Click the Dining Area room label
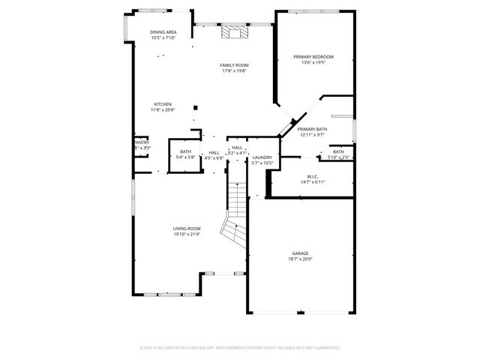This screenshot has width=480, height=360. coord(163,32)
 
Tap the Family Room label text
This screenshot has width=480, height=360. coord(234,65)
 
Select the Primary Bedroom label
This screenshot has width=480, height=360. coord(313,57)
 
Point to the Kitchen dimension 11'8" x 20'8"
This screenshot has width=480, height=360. coord(163,110)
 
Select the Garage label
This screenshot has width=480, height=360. coord(300,253)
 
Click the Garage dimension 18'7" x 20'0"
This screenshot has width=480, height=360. coord(300,259)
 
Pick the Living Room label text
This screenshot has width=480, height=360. coord(187,228)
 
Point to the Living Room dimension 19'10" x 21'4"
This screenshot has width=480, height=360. coord(187,234)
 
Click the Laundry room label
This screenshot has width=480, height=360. coord(262,157)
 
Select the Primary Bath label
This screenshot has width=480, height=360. coord(311,129)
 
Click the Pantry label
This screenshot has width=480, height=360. coord(142,142)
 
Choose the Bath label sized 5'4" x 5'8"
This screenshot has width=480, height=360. coord(185,151)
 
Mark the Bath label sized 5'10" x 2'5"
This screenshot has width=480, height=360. coord(338,151)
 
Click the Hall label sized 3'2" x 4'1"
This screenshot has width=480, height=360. coord(237,148)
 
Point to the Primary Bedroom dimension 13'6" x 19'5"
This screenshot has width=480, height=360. coord(313,63)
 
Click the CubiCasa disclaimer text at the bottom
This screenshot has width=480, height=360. coord(240,348)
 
